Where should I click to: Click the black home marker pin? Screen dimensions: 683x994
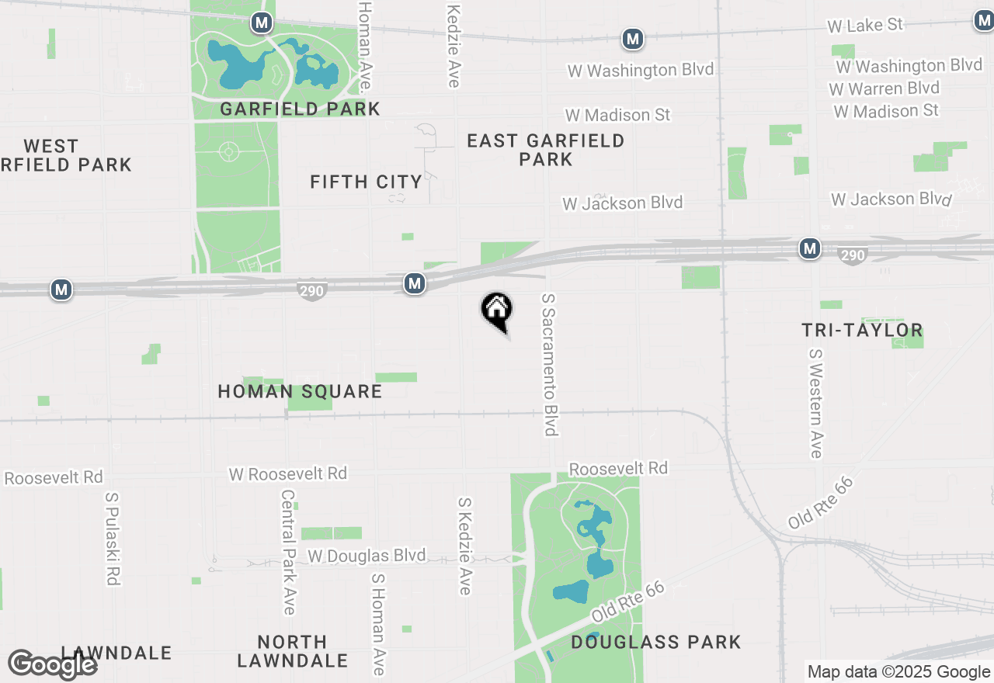pos(497,310)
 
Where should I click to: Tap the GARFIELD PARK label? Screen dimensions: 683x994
pos(300,109)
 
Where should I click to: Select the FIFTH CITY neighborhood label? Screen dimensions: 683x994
pos(366,182)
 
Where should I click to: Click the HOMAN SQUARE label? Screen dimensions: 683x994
pos(300,391)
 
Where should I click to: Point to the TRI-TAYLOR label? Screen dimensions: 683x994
pos(862,331)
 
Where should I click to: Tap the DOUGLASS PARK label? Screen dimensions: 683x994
pos(655,642)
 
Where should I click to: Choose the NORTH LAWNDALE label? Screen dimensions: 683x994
pos(292,651)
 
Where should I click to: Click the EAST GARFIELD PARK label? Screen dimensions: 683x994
pos(545,150)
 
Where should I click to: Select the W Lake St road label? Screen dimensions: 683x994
pos(865,26)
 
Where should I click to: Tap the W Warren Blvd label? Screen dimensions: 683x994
pos(885,88)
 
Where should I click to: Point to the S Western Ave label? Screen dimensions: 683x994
pos(815,403)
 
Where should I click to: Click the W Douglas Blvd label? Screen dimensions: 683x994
pos(367,556)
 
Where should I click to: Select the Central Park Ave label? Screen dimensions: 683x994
pos(289,552)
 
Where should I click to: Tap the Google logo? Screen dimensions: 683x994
pos(53,665)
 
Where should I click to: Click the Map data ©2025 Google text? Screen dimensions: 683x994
pos(898,672)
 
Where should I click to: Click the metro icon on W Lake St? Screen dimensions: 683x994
pos(633,38)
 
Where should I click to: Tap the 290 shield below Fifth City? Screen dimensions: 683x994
pos(311,291)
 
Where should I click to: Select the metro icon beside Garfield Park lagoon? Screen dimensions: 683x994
pos(262,23)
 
